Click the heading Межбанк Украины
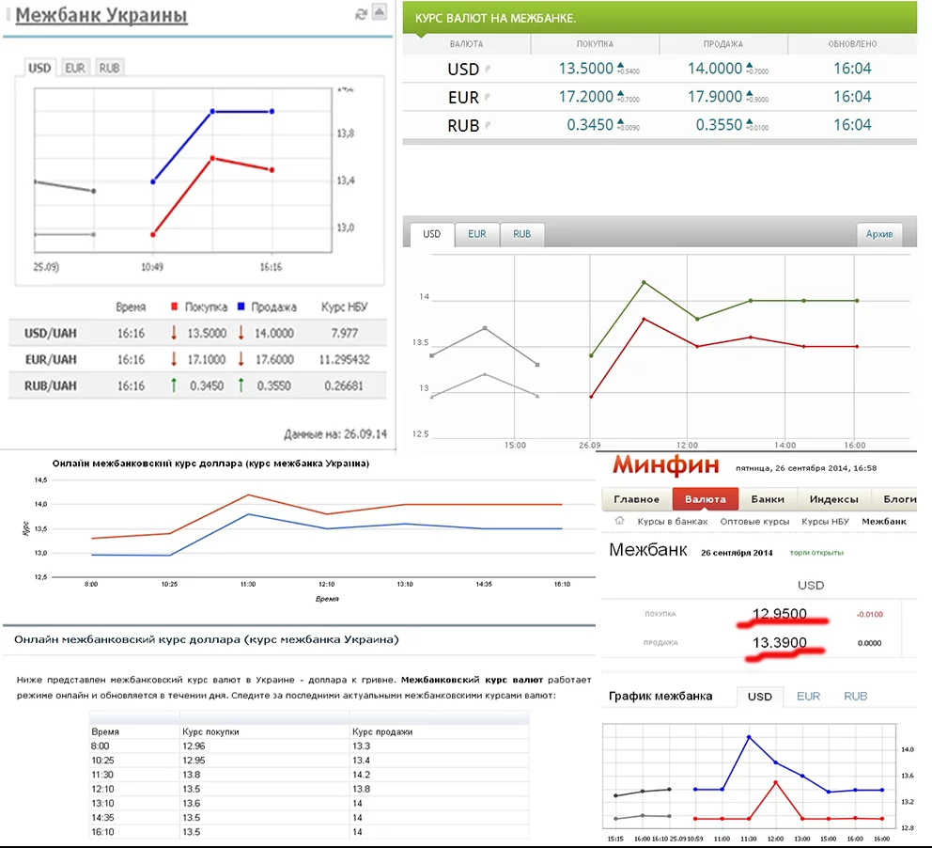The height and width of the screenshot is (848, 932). click(101, 16)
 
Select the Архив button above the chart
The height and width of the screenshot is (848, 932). click(879, 234)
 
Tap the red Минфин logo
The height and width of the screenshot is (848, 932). click(665, 464)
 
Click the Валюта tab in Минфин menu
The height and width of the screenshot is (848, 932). click(705, 499)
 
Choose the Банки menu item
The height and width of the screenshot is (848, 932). click(768, 499)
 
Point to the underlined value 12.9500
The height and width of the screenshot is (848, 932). click(779, 615)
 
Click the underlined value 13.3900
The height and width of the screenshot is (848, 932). click(779, 643)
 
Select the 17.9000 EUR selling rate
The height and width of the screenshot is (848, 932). click(715, 97)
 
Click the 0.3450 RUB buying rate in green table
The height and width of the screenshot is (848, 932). click(590, 125)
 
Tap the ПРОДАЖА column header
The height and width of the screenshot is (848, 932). click(722, 44)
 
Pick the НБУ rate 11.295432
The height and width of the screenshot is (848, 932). click(345, 359)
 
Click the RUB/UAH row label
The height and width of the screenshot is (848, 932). click(51, 385)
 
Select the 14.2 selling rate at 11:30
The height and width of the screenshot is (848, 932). click(360, 775)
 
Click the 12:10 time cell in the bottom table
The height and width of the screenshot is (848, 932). click(102, 789)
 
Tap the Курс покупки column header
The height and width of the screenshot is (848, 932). click(210, 731)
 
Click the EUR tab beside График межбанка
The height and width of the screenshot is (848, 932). click(808, 697)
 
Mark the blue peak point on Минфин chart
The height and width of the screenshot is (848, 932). click(749, 736)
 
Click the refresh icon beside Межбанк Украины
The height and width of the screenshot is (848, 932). click(361, 13)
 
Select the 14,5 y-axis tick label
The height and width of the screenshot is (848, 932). click(39, 480)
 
